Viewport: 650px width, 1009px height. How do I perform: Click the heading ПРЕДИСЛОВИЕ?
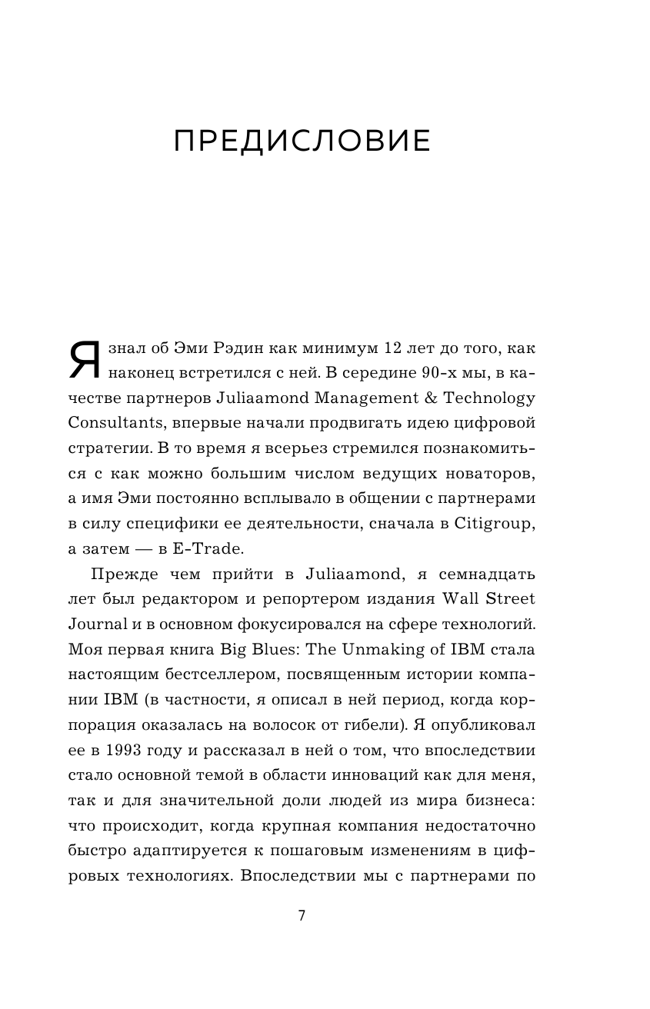coord(302,143)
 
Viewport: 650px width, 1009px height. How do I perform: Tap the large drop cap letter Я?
coord(85,359)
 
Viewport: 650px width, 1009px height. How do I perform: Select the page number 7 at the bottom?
coord(302,916)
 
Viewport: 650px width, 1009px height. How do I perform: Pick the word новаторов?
coord(492,474)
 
